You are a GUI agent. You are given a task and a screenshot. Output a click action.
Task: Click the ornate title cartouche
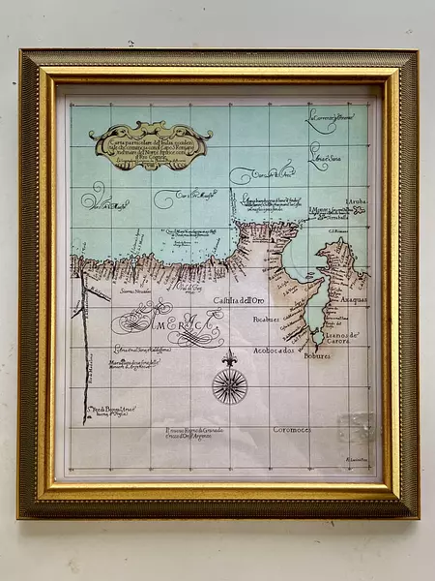coord(150,145)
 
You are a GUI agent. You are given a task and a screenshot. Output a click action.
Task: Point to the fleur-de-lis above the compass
coord(229,358)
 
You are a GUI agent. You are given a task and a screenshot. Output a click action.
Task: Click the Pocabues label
coord(266,318)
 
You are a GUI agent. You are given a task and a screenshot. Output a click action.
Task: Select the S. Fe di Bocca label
coord(110,411)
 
